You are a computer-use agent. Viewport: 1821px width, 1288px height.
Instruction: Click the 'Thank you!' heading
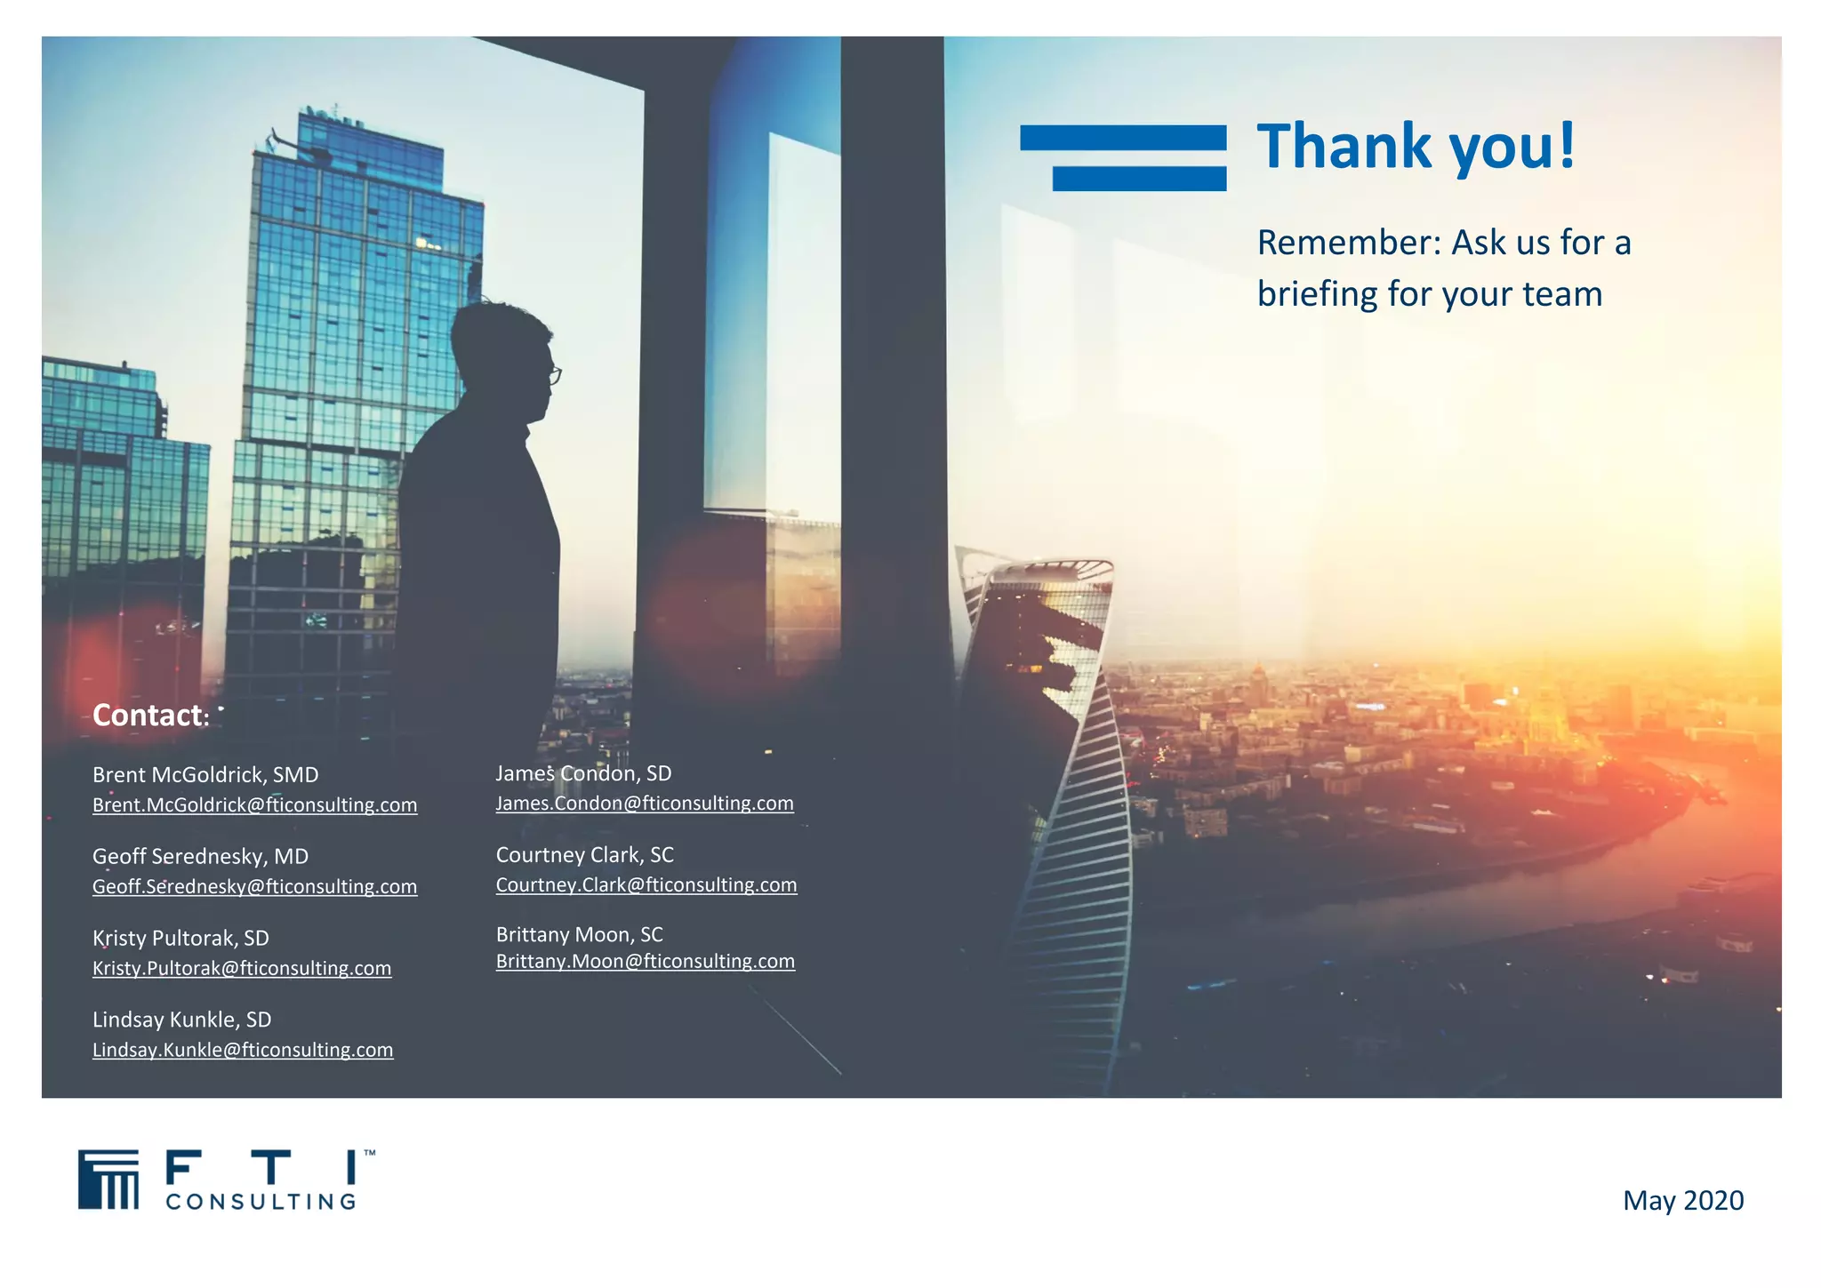click(x=1416, y=147)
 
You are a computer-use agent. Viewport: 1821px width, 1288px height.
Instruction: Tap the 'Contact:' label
click(x=150, y=716)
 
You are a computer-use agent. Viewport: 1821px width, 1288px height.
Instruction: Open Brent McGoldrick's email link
click(x=254, y=805)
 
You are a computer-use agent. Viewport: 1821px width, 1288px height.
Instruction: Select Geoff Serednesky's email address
click(x=254, y=887)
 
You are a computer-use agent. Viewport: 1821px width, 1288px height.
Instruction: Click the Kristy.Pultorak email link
click(x=242, y=969)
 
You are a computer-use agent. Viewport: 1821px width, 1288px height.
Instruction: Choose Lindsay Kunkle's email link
click(x=243, y=1051)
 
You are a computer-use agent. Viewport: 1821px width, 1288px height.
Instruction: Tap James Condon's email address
click(x=645, y=804)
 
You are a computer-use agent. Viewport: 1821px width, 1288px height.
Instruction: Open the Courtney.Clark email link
click(x=646, y=885)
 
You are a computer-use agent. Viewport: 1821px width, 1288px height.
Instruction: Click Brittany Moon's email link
click(x=646, y=962)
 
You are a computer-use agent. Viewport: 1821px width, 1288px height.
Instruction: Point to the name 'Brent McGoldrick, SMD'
click(x=205, y=775)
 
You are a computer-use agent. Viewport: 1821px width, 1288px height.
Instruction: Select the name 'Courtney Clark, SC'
click(x=585, y=855)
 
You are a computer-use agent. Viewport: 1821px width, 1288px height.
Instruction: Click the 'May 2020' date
click(x=1683, y=1201)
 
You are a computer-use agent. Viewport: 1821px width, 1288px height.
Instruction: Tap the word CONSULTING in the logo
click(x=261, y=1202)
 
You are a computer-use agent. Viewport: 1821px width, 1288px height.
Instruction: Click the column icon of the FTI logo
click(x=108, y=1180)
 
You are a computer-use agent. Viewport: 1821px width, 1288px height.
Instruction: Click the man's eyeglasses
click(x=554, y=375)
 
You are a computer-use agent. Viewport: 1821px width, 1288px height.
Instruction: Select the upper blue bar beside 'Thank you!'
click(x=1123, y=138)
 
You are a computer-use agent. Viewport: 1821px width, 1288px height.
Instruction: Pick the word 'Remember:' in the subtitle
click(x=1348, y=243)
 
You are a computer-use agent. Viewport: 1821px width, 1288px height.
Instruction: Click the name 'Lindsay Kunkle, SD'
click(x=182, y=1020)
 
